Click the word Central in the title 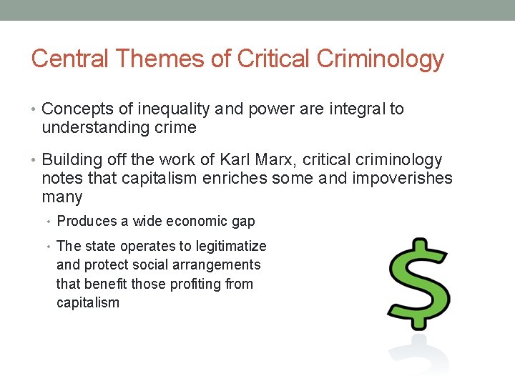click(70, 59)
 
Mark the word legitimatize click(230, 246)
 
